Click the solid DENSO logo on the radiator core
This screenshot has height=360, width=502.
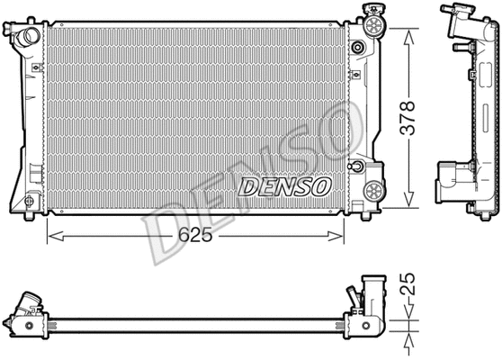[x=284, y=185]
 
